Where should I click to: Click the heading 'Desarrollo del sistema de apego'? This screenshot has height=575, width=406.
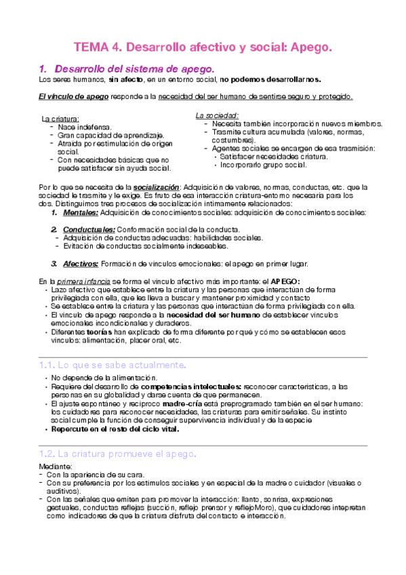134,69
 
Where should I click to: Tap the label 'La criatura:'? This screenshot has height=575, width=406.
60,119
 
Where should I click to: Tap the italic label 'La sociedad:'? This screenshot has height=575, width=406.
217,116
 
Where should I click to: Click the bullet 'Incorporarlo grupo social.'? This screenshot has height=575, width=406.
262,165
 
